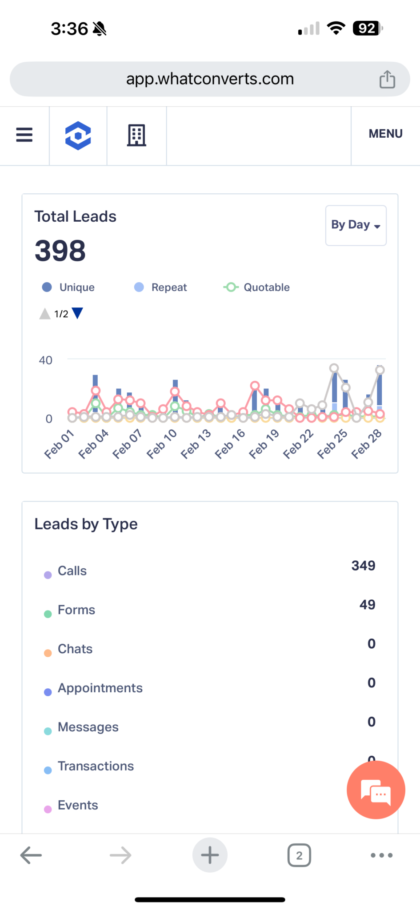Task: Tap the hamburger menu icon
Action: click(24, 135)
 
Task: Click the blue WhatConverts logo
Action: click(78, 136)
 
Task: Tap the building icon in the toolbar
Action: click(136, 135)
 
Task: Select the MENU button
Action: click(385, 134)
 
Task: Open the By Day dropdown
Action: click(356, 225)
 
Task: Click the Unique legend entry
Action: click(69, 287)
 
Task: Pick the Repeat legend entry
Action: click(161, 287)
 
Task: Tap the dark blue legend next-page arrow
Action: click(77, 313)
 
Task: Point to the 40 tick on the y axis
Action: click(45, 360)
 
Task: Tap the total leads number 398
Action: click(60, 251)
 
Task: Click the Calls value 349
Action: click(363, 566)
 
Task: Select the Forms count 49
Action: click(367, 605)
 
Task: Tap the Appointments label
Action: click(100, 688)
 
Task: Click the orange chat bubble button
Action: click(376, 790)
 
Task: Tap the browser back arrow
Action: click(31, 855)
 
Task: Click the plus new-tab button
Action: click(210, 855)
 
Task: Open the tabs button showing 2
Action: click(299, 855)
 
